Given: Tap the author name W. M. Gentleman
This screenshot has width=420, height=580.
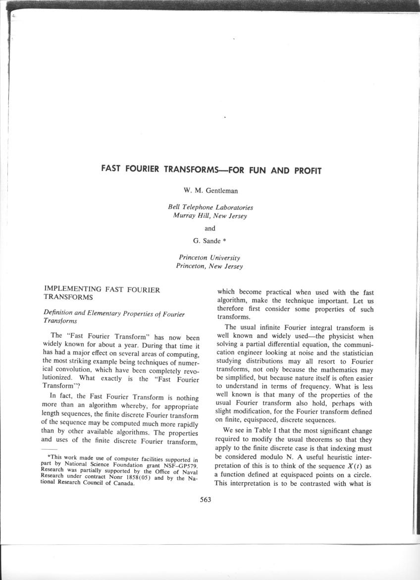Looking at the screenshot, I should [x=210, y=190].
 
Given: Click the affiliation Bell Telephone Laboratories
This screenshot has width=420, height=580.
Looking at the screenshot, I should [x=210, y=208].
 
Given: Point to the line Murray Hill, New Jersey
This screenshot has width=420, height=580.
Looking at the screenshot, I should [x=210, y=216].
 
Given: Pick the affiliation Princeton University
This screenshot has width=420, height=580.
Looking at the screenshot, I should [x=210, y=258].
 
